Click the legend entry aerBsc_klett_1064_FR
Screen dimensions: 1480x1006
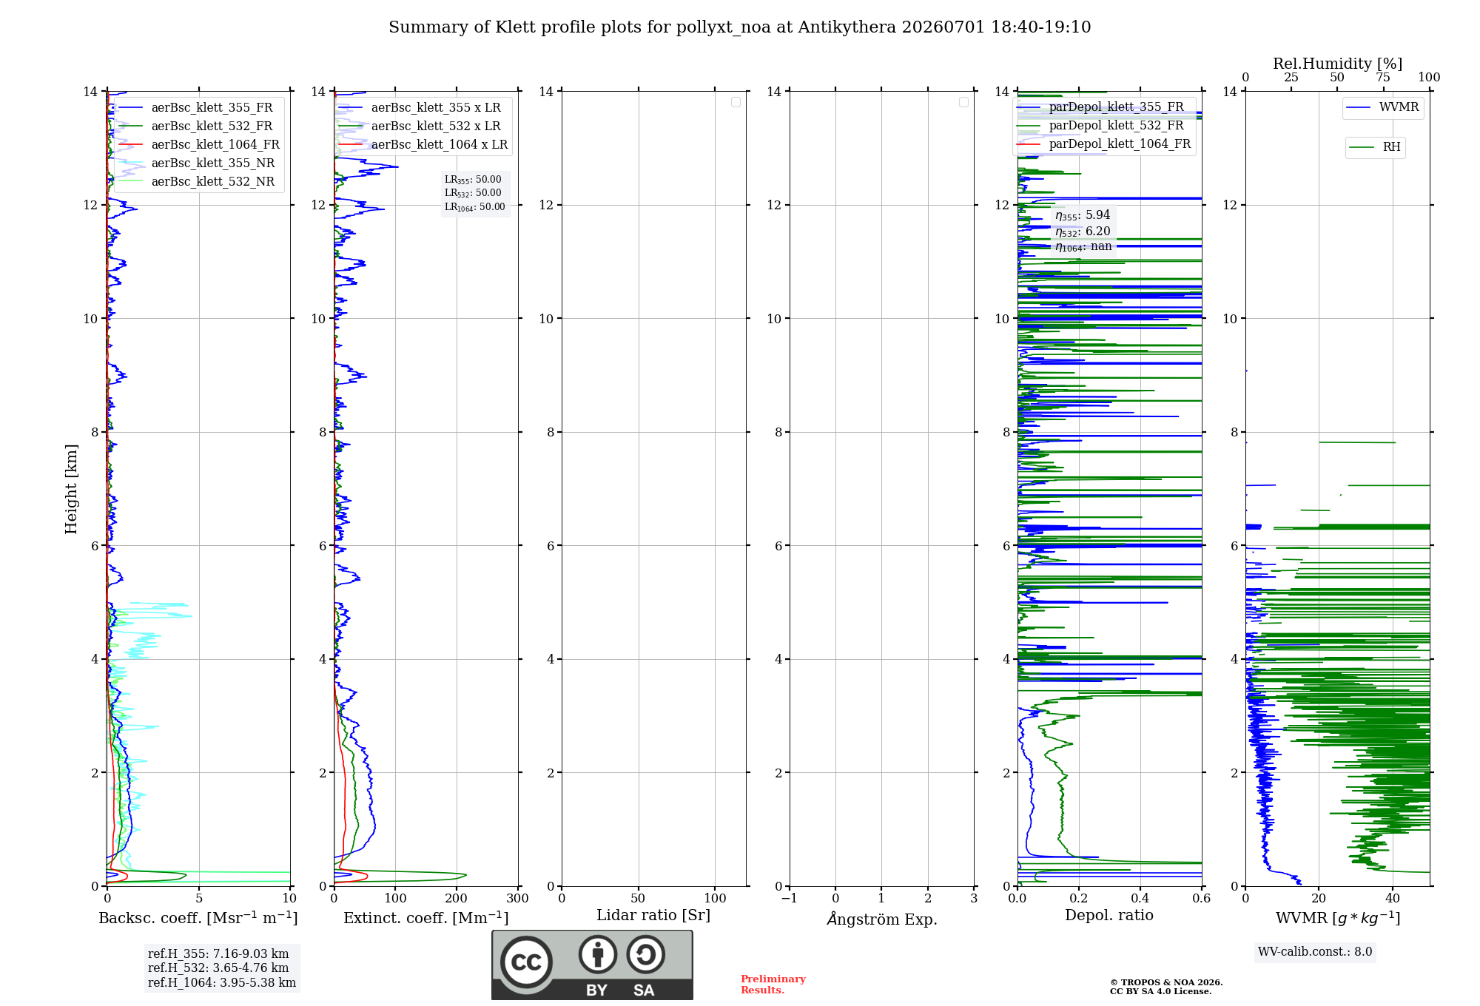[x=199, y=144]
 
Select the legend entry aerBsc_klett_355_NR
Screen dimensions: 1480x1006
[x=197, y=163]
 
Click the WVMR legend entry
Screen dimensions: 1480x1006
[x=1382, y=107]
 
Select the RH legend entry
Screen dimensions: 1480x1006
[x=1375, y=147]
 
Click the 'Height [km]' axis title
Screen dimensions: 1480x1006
[x=71, y=489]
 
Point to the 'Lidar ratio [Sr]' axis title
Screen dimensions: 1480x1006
[x=653, y=915]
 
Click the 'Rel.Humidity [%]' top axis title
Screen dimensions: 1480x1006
[x=1337, y=64]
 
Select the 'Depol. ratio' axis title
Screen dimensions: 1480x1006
[x=1109, y=915]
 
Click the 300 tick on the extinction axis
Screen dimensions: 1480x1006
[x=518, y=898]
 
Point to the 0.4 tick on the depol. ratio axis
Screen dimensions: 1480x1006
[x=1140, y=898]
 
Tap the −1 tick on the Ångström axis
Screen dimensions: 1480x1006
[x=790, y=898]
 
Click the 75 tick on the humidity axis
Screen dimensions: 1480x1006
[x=1383, y=77]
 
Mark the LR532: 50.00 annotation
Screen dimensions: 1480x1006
[x=473, y=193]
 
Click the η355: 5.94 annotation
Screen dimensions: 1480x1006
[x=1083, y=215]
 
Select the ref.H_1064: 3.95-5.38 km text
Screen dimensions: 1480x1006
[x=222, y=982]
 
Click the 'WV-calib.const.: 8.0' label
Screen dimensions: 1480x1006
[x=1315, y=951]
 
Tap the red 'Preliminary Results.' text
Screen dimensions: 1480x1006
[x=773, y=985]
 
